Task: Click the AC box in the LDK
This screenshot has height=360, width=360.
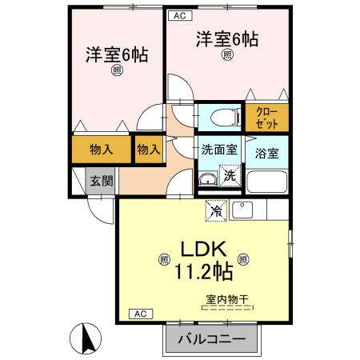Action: [x=141, y=314]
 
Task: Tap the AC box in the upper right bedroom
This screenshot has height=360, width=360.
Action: [x=180, y=16]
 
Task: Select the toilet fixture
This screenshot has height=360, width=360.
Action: [x=226, y=117]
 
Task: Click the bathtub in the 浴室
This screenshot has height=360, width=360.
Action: [x=266, y=182]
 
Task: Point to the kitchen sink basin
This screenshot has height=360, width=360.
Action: [x=242, y=210]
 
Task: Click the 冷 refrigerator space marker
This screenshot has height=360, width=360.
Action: [x=216, y=210]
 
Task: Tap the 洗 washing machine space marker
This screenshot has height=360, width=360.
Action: [x=230, y=176]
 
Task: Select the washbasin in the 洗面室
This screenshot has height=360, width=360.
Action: [x=208, y=178]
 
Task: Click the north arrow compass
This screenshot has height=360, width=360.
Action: [x=86, y=338]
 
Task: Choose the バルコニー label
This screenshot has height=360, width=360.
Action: [x=211, y=339]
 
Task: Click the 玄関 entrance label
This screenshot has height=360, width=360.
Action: [x=102, y=182]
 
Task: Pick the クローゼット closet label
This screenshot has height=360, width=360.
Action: [x=266, y=118]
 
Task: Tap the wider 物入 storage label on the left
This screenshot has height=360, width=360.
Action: [x=102, y=149]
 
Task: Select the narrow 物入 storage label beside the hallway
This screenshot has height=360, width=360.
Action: [x=149, y=149]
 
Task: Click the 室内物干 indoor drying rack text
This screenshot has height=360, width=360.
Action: [x=227, y=299]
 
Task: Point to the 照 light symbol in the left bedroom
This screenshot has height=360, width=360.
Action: [x=117, y=70]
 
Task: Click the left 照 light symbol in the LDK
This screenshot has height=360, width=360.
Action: [x=164, y=259]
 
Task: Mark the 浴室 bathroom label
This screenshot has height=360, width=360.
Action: [x=266, y=154]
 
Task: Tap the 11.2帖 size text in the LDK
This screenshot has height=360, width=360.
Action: [x=204, y=271]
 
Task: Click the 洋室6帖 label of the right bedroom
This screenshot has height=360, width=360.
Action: [x=227, y=39]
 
